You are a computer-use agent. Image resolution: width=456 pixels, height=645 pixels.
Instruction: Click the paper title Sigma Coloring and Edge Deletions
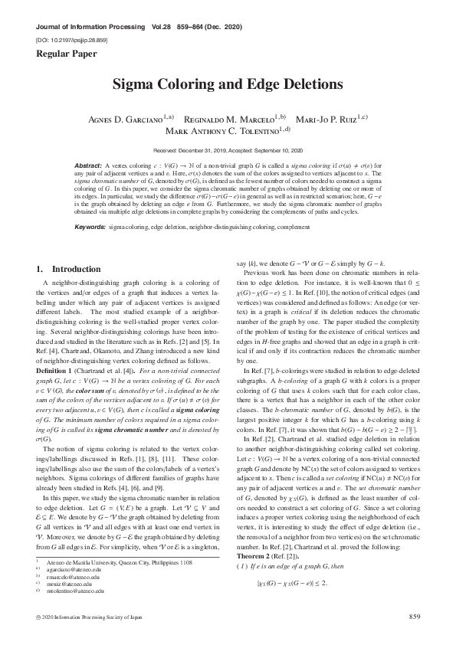228,85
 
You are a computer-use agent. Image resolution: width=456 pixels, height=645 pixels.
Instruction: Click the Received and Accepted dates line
228,151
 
